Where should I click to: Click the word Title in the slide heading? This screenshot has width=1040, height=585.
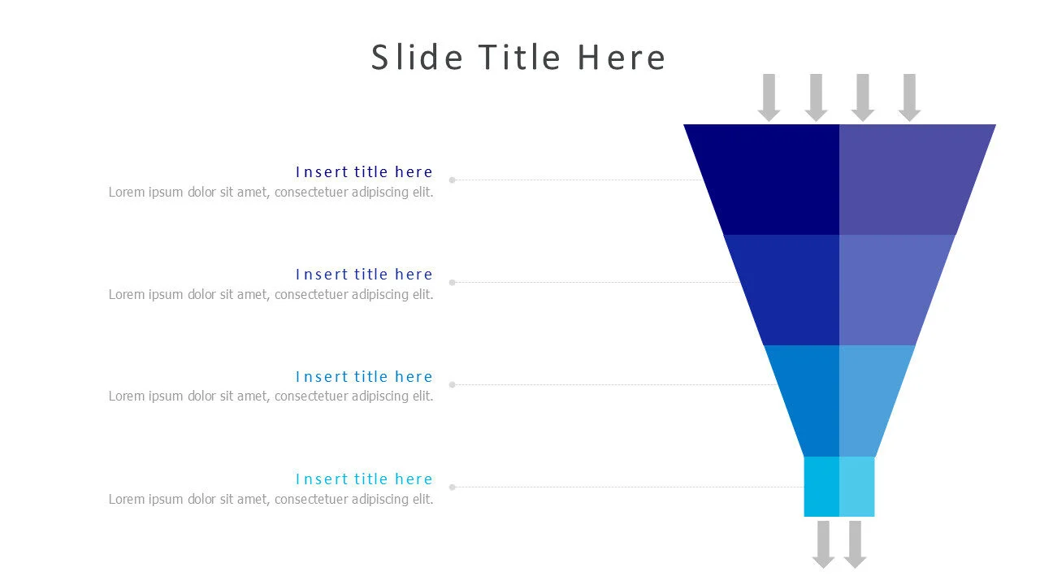(x=519, y=58)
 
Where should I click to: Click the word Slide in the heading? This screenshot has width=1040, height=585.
(x=417, y=58)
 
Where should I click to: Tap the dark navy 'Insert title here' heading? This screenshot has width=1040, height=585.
(x=364, y=172)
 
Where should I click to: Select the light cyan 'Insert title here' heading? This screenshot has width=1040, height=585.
(x=364, y=479)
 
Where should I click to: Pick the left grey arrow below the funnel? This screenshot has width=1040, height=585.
(x=824, y=544)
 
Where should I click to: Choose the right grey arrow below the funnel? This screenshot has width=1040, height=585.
(x=855, y=544)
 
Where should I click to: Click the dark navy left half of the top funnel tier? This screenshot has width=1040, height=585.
(x=772, y=179)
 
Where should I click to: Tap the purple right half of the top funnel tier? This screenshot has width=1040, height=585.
(x=910, y=179)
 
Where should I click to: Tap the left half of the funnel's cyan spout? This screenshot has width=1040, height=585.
(x=821, y=487)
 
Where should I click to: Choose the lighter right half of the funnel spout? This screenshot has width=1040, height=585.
(x=857, y=487)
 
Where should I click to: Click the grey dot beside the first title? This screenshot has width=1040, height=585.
(x=453, y=180)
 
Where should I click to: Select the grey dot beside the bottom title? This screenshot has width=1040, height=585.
(x=453, y=487)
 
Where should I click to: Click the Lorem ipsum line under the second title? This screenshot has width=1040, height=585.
(x=271, y=295)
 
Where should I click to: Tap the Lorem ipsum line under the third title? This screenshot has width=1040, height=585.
(x=271, y=396)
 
